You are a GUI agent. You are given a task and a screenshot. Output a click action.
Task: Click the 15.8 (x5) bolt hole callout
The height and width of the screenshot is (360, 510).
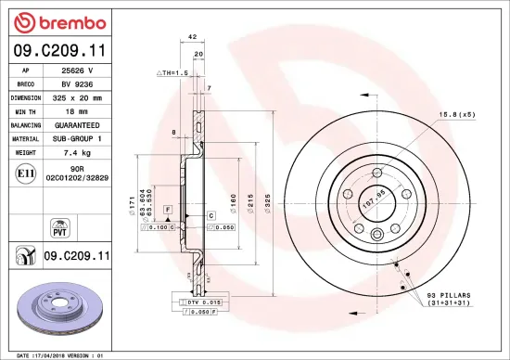click(456, 114)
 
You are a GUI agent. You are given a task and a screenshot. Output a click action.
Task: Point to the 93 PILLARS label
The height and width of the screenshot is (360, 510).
click(449, 295)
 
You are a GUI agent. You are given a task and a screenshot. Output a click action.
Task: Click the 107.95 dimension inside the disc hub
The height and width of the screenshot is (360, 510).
click(374, 196)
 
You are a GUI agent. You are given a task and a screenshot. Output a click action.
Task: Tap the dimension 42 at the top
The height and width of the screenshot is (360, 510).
click(193, 36)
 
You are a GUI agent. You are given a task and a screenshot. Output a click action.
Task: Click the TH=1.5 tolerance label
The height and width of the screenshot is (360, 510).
click(172, 71)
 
